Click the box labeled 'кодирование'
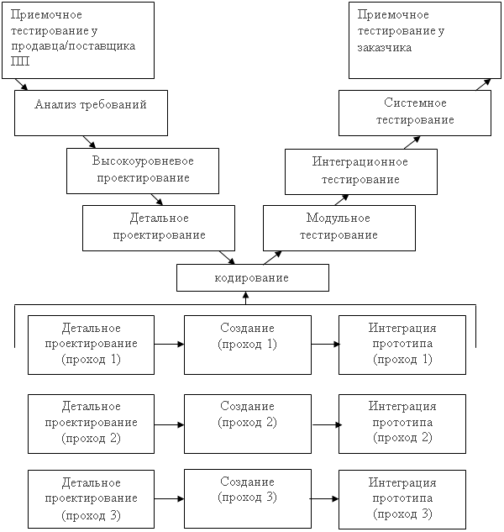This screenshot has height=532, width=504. [x=253, y=277]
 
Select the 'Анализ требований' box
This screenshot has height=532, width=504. [x=91, y=113]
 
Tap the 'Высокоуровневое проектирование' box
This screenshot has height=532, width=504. [x=143, y=171]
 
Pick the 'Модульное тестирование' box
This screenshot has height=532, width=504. [x=339, y=228]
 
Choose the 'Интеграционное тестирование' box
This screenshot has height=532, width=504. [x=361, y=171]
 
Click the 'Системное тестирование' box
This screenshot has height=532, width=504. [x=415, y=113]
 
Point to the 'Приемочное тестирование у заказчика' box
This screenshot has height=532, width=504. [x=425, y=40]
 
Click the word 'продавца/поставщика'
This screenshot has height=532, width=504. [x=73, y=46]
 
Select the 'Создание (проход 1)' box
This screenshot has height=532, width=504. [x=248, y=345]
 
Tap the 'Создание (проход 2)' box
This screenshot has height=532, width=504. [x=248, y=424]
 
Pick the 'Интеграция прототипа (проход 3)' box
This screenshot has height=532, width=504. [x=402, y=499]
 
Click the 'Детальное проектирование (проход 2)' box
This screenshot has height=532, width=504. [x=91, y=424]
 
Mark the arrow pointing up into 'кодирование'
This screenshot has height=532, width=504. [x=246, y=298]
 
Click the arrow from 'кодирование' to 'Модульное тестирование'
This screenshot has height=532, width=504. [x=272, y=257]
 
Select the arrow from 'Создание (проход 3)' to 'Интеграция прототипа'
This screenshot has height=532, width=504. [x=324, y=498]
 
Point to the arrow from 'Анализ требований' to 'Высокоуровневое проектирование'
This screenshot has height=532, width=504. [x=89, y=142]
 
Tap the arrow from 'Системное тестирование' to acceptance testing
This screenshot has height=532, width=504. [x=483, y=85]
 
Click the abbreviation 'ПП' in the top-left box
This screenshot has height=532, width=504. [x=20, y=61]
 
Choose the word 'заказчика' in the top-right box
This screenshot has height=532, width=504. [x=384, y=48]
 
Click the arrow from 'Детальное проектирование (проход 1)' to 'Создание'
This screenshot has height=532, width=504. [x=169, y=345]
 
